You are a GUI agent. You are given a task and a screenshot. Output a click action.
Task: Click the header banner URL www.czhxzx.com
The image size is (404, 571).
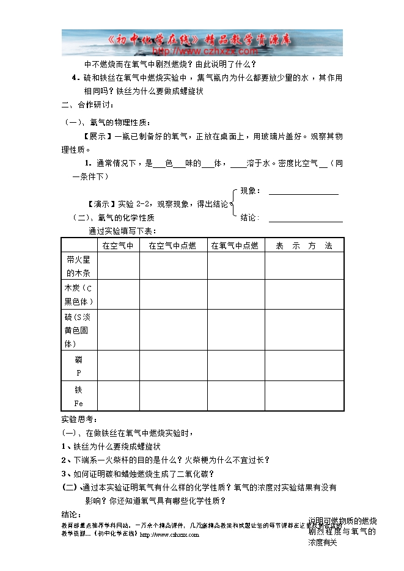(x=202, y=51)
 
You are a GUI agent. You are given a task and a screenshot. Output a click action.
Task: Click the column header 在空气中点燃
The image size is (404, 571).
(x=172, y=245)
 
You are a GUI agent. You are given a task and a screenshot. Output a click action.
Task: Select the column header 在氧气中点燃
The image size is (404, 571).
(x=235, y=245)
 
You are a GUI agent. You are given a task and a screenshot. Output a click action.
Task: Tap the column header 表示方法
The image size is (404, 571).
(x=304, y=245)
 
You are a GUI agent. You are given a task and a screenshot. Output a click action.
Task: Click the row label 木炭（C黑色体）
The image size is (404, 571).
(x=79, y=294)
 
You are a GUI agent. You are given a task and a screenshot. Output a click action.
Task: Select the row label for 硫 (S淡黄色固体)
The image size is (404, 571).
(x=79, y=330)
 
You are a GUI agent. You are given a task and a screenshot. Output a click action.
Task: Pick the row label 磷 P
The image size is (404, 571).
(x=79, y=366)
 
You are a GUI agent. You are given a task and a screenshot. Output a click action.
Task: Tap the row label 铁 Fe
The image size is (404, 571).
(x=79, y=396)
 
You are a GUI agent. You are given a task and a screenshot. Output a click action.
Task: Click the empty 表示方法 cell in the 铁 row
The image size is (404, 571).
(x=304, y=396)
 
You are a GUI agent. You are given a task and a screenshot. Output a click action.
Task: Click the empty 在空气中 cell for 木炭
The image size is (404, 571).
(x=118, y=294)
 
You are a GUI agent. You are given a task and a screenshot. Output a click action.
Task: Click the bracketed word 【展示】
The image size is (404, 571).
(x=98, y=136)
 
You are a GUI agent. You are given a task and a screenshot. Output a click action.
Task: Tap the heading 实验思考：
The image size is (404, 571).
(x=79, y=420)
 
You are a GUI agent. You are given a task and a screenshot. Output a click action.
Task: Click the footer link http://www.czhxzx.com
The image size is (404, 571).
(x=169, y=534)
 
